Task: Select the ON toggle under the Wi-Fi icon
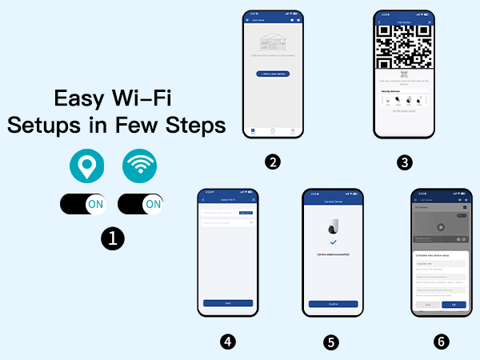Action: coord(140,204)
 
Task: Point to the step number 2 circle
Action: coord(274,162)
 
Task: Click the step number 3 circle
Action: coord(406,162)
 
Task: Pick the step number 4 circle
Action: coord(227,342)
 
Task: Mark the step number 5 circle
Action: coord(331,342)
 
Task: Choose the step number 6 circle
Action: coord(440,342)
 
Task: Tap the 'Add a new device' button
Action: coord(274,73)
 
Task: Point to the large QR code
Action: coord(406,47)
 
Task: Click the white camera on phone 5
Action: coord(332,227)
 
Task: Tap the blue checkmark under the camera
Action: coord(332,242)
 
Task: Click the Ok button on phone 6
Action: coord(453,305)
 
